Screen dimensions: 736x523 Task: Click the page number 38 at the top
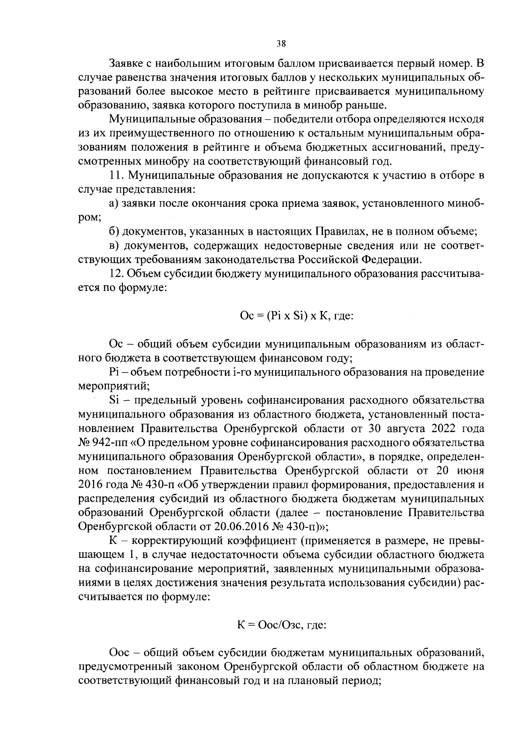[281, 43]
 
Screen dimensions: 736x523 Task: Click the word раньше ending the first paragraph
[365, 105]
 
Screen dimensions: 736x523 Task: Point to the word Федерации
[392, 260]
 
